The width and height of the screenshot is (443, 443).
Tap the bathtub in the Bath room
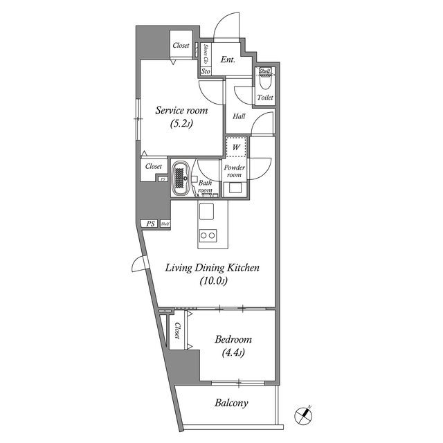[x=181, y=179]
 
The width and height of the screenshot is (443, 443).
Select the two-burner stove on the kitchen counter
[x=208, y=235]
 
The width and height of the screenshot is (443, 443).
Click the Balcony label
[x=231, y=403]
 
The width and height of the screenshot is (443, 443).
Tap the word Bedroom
[x=233, y=340]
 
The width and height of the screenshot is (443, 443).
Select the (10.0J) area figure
[x=214, y=281]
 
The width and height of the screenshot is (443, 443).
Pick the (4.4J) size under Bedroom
[x=233, y=354]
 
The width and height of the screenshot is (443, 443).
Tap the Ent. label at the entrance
[x=228, y=60]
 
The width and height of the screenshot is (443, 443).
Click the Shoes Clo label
[x=206, y=53]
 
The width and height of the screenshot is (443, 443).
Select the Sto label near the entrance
[x=206, y=71]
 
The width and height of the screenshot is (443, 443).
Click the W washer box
[x=236, y=147]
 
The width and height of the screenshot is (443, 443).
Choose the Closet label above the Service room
[x=181, y=46]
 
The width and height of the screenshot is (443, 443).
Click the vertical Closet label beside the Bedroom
[x=178, y=331]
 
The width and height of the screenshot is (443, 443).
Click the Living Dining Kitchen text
[x=211, y=267]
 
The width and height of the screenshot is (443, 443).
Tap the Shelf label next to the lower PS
[x=165, y=224]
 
